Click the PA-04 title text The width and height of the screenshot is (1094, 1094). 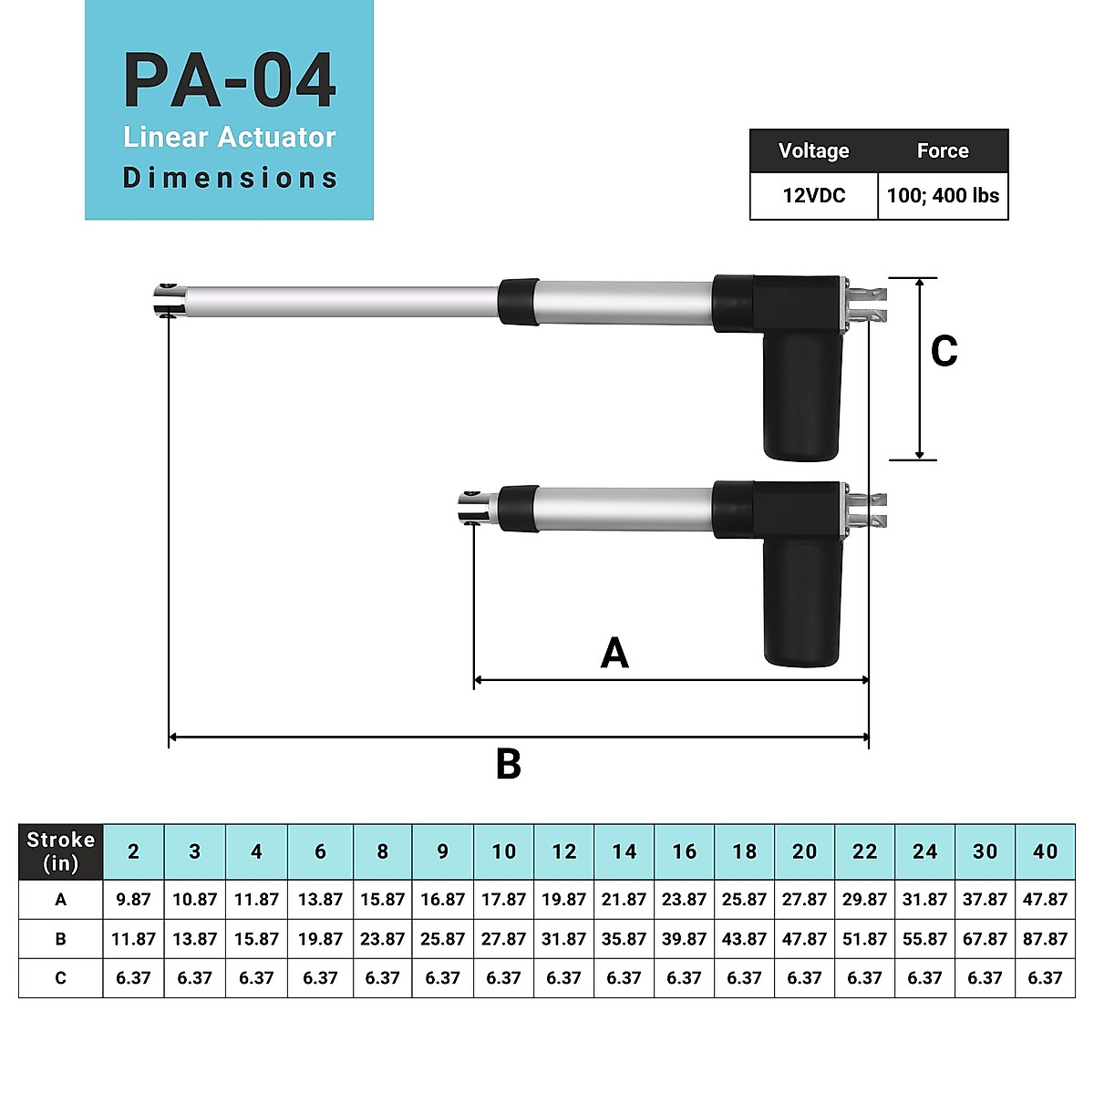point(230,82)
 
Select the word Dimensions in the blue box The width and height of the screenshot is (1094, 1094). point(230,178)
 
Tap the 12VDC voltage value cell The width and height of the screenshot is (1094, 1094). point(813,196)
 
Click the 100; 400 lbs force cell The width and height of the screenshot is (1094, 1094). point(943,196)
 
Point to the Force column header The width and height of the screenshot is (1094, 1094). point(943,151)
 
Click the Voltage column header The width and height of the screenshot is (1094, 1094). point(813,151)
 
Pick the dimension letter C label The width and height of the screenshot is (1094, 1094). point(944,352)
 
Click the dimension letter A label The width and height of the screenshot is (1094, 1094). point(614,654)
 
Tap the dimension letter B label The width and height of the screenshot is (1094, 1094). point(508,764)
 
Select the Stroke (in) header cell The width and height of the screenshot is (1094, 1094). point(61,851)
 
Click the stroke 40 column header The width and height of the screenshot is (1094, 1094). point(1045,851)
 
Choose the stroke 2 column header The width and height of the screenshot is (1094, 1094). point(133,851)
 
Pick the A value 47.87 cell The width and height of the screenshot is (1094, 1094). point(1045,900)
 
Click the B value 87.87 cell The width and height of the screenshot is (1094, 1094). point(1045,939)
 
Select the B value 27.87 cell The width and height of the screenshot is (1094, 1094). point(503,939)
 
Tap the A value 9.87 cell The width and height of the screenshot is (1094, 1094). point(133,900)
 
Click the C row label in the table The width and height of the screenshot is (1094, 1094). point(61,978)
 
